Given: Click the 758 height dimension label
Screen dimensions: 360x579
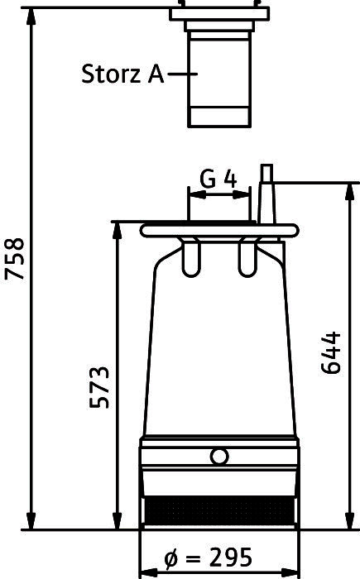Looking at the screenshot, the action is click(14, 259).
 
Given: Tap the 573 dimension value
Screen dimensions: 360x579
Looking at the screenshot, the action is click(100, 387).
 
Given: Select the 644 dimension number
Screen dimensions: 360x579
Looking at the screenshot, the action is click(330, 353).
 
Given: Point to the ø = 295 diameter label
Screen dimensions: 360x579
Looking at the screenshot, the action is click(209, 557).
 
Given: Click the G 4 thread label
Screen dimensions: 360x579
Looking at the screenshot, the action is click(218, 179).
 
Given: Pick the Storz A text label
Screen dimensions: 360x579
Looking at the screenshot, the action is click(122, 74).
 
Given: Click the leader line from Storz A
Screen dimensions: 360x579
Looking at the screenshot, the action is click(183, 74).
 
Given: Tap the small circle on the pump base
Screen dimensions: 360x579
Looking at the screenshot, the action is click(219, 457).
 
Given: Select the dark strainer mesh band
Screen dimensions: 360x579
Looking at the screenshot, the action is click(219, 510).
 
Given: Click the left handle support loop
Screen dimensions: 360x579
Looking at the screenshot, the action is click(191, 257).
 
